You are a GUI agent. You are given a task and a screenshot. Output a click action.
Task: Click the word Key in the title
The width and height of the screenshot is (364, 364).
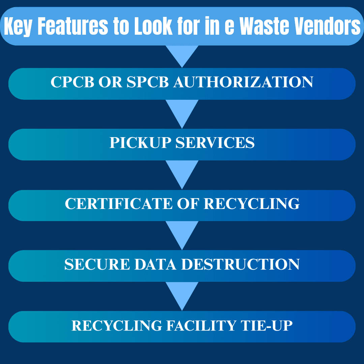(x=17, y=27)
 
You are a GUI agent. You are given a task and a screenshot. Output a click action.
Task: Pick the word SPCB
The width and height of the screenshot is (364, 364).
(x=148, y=82)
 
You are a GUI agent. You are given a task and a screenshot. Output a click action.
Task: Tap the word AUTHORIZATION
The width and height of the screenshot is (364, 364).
(x=243, y=82)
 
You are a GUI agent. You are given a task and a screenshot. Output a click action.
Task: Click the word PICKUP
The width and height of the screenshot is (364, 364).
(x=140, y=143)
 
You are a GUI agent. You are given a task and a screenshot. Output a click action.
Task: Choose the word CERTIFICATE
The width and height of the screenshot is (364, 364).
(x=118, y=204)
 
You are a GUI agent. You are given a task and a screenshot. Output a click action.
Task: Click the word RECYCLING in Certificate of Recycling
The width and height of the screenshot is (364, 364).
(x=251, y=204)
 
